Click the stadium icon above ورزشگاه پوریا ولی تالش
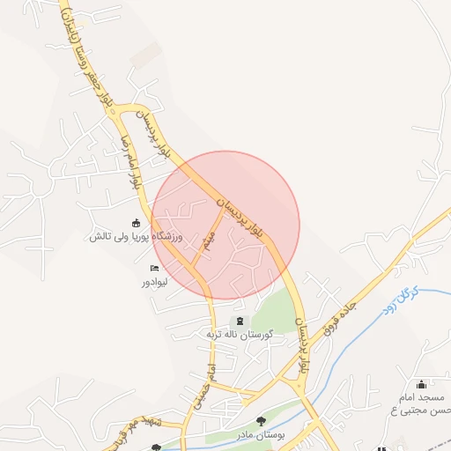click(x=135, y=223)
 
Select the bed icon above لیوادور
click(x=155, y=269)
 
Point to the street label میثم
click(x=209, y=238)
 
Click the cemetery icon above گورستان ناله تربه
click(x=239, y=321)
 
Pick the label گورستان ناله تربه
click(x=239, y=335)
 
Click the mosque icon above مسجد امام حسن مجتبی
click(x=421, y=383)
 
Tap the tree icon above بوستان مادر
click(x=260, y=421)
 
